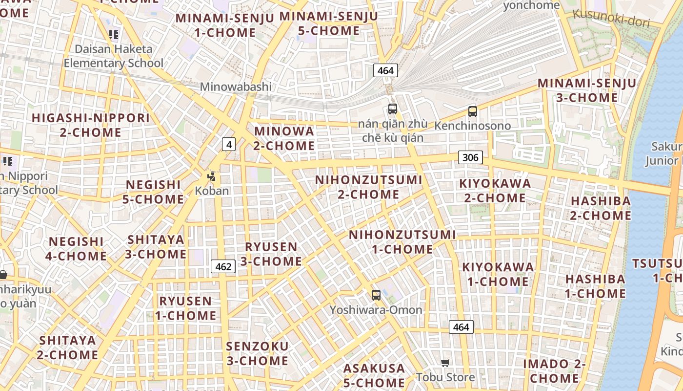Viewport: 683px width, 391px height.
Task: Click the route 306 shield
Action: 470,157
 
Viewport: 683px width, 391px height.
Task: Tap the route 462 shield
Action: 223,266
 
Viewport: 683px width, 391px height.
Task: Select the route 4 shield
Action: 229,144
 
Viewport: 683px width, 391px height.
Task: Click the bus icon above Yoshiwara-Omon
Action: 376,295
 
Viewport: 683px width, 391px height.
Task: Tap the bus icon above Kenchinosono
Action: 472,111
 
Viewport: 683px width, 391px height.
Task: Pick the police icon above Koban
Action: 212,176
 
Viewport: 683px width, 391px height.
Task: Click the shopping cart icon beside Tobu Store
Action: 445,363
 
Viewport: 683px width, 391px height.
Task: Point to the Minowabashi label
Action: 236,87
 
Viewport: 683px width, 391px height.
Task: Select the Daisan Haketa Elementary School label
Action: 114,56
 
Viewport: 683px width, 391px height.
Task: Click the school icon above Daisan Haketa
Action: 114,34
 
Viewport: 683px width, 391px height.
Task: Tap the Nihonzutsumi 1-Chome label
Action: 402,242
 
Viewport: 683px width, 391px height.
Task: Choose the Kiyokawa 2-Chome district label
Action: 495,191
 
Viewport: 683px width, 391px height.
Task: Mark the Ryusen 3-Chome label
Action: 271,254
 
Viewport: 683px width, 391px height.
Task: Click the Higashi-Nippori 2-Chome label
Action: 91,125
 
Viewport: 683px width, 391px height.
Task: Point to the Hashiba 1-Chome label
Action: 595,286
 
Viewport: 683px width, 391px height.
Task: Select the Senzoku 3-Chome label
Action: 257,353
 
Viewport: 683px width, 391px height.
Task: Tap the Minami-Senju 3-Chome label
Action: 587,90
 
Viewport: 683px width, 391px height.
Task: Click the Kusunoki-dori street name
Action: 611,18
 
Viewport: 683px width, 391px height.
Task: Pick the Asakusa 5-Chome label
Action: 374,375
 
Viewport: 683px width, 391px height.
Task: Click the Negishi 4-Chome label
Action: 76,249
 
